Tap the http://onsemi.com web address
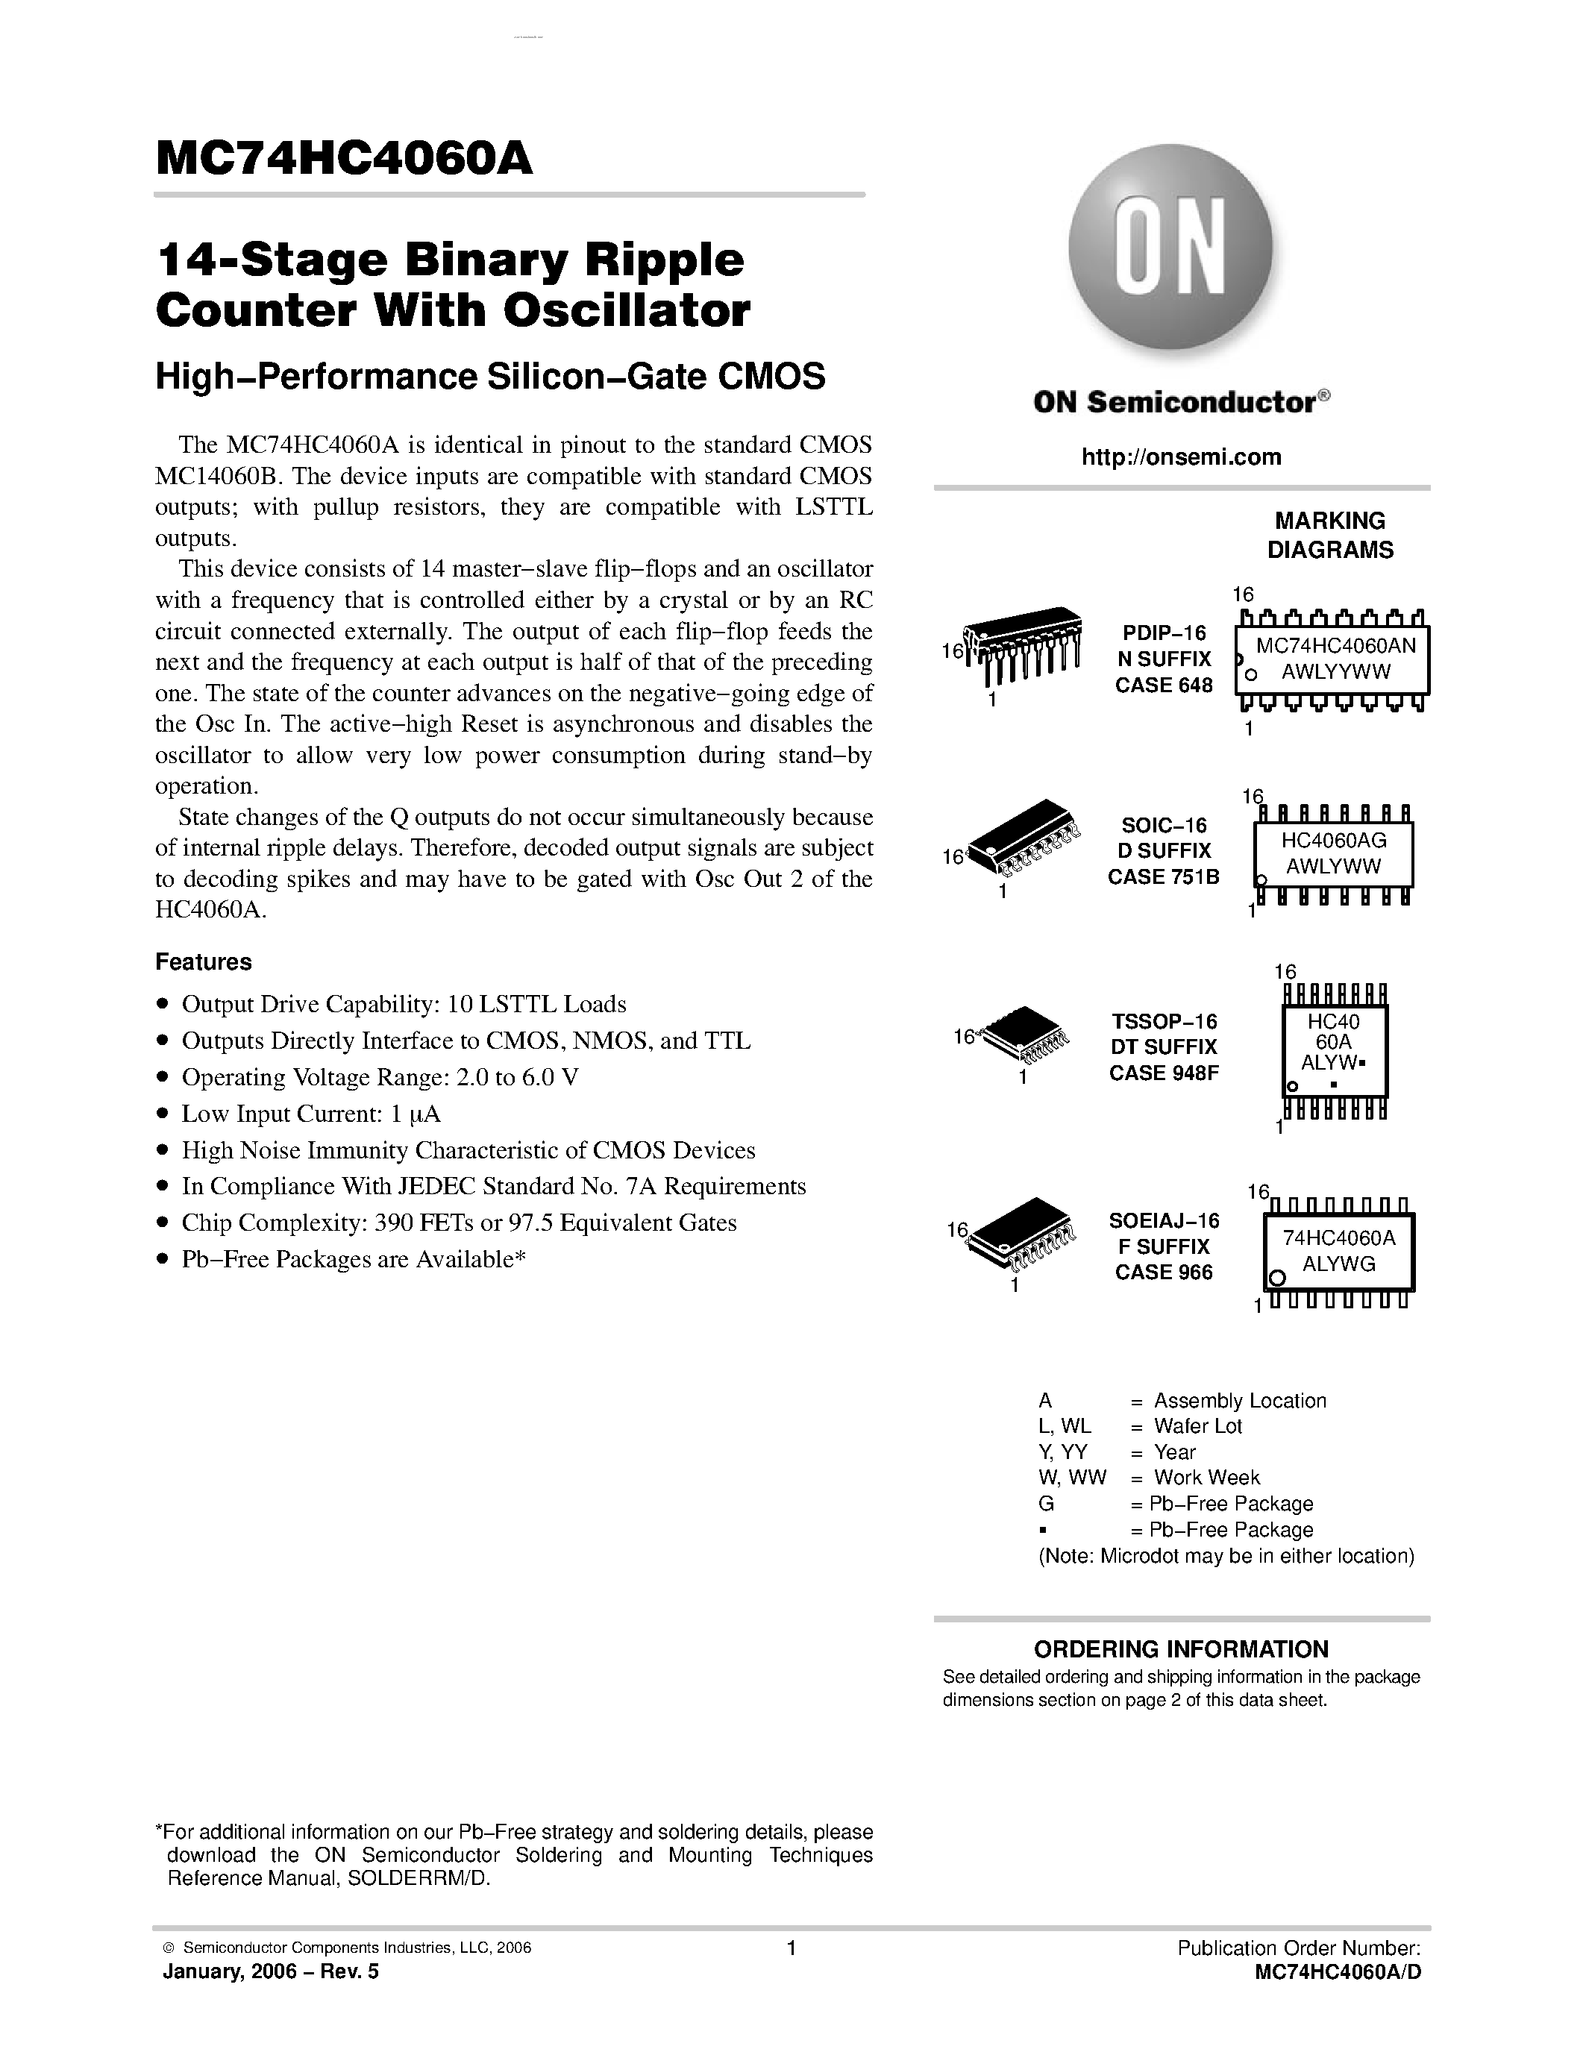coord(1181,457)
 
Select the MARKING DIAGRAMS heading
coord(1329,536)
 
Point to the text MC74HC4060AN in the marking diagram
coord(1335,647)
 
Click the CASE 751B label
coord(1163,876)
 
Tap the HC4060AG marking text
coord(1333,840)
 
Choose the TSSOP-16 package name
coord(1164,1021)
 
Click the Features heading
coord(203,962)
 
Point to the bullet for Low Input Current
coord(163,1114)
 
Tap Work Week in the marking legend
coord(1206,1478)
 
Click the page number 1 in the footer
coord(791,1948)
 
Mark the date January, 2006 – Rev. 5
coord(271,1972)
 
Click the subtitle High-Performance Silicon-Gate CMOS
coord(489,377)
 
